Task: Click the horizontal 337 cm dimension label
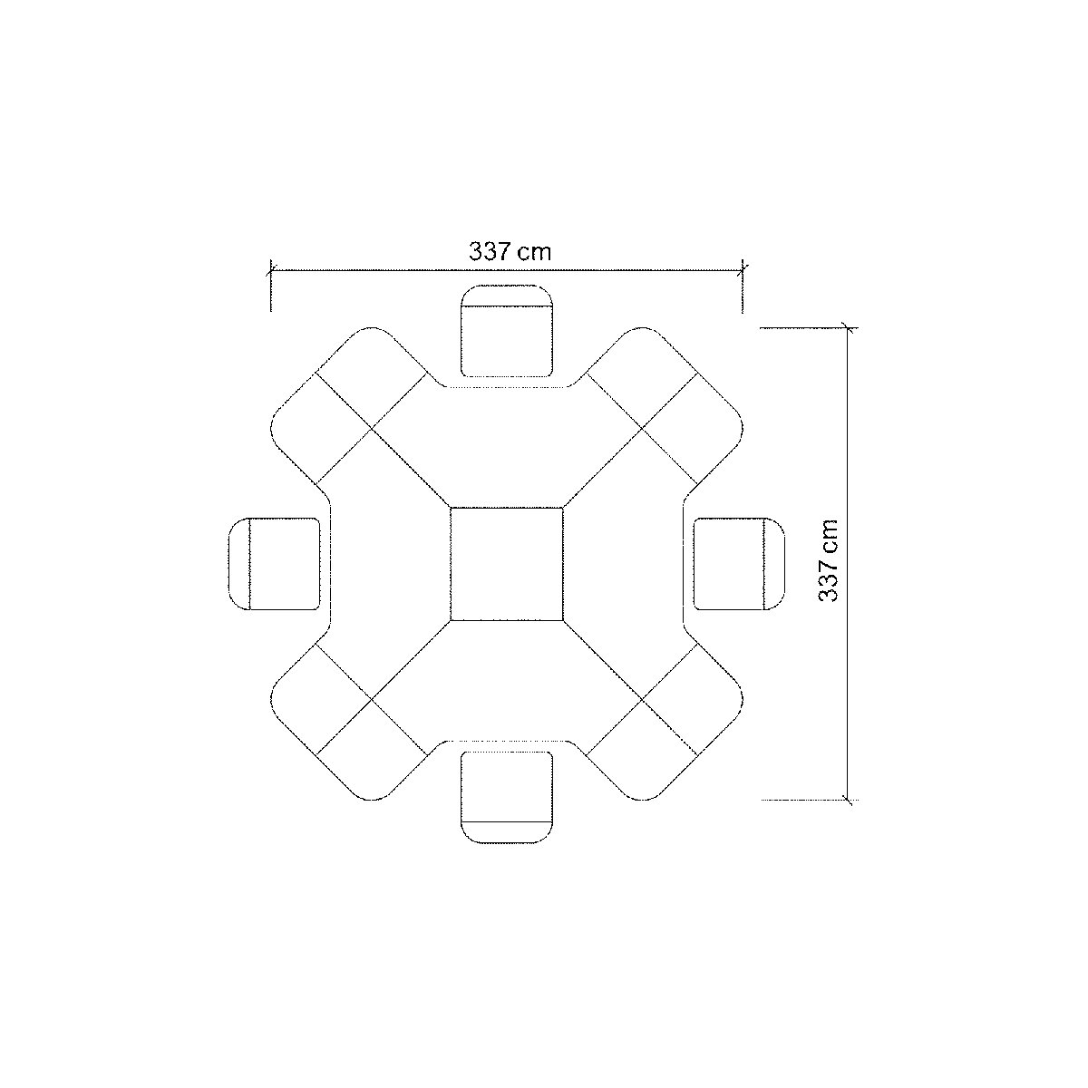(510, 251)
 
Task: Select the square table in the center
(507, 564)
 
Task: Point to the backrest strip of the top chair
(507, 296)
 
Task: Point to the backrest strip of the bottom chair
(507, 832)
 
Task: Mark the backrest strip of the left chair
(238, 563)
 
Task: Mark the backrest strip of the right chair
(774, 563)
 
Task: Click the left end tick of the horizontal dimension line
(271, 269)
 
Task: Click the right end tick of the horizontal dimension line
(743, 269)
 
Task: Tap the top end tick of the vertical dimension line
(848, 328)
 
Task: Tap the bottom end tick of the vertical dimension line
(848, 800)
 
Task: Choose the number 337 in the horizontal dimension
(491, 251)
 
